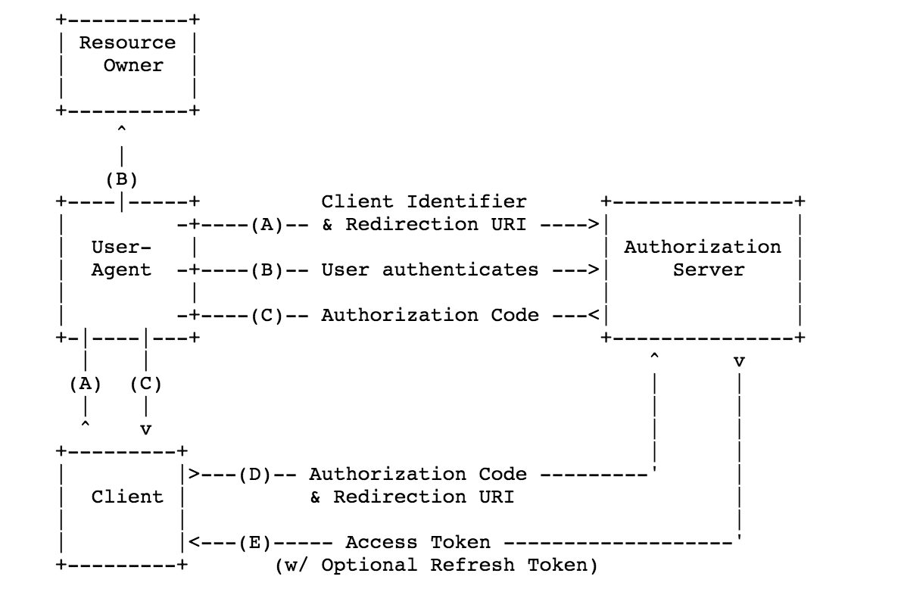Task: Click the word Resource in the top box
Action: click(127, 42)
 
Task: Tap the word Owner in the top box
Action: click(133, 65)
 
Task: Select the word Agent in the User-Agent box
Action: click(121, 270)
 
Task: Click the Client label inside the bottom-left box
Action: click(127, 497)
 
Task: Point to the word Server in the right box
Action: click(709, 270)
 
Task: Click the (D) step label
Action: click(254, 474)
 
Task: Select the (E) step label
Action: click(254, 542)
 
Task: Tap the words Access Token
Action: click(418, 542)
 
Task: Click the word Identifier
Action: click(466, 201)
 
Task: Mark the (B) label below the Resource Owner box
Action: click(121, 179)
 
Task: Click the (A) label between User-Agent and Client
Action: click(85, 384)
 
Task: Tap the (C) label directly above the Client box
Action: click(145, 384)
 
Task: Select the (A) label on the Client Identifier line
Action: click(267, 224)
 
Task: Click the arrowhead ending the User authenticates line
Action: click(594, 270)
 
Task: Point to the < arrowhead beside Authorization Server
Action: click(594, 315)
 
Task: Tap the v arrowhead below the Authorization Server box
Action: click(738, 362)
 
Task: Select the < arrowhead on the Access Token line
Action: click(194, 542)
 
